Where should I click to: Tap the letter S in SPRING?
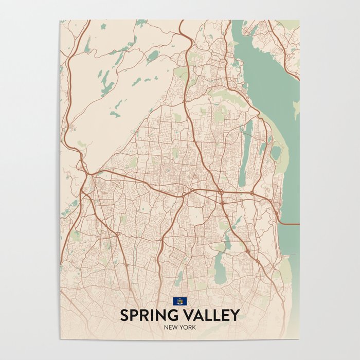[x=124, y=315]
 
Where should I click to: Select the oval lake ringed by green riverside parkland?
[x=276, y=152]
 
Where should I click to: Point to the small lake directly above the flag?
[x=179, y=280]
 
